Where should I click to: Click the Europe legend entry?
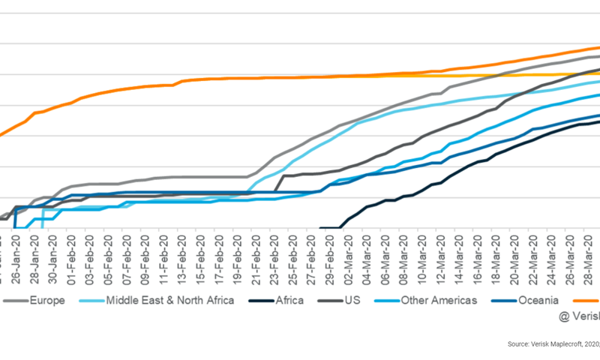pos(44,301)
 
